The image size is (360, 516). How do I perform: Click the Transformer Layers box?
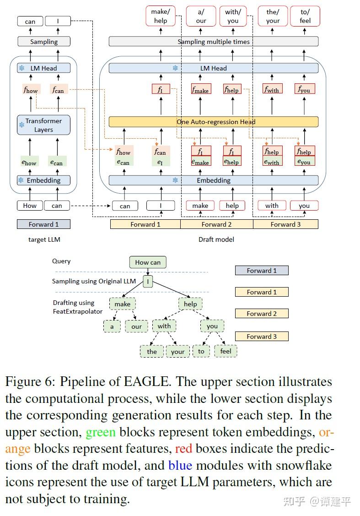pyautogui.click(x=44, y=125)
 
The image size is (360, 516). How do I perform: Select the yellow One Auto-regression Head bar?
pyautogui.click(x=213, y=122)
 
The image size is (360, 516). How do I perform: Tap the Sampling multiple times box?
pyautogui.click(x=213, y=42)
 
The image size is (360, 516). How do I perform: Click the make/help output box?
pyautogui.click(x=161, y=16)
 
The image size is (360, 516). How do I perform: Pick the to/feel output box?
pyautogui.click(x=305, y=16)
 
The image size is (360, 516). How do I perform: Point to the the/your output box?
pyautogui.click(x=273, y=16)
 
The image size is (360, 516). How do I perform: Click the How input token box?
pyautogui.click(x=30, y=206)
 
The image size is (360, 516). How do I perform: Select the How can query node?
pyautogui.click(x=148, y=262)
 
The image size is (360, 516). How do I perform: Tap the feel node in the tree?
pyautogui.click(x=226, y=351)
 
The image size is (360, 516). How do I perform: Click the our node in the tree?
pyautogui.click(x=136, y=326)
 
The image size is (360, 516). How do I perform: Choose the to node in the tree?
pyautogui.click(x=201, y=351)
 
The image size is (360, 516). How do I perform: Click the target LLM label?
pyautogui.click(x=44, y=239)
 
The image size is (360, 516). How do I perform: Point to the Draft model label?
pyautogui.click(x=216, y=239)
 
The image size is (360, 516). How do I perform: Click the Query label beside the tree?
pyautogui.click(x=61, y=261)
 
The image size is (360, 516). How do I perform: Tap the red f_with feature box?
pyautogui.click(x=272, y=89)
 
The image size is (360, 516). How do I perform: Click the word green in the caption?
pyautogui.click(x=101, y=432)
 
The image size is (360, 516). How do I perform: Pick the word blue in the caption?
pyautogui.click(x=180, y=465)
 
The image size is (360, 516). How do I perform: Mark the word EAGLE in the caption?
pyautogui.click(x=145, y=382)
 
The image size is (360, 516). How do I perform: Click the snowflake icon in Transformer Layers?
pyautogui.click(x=21, y=125)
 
